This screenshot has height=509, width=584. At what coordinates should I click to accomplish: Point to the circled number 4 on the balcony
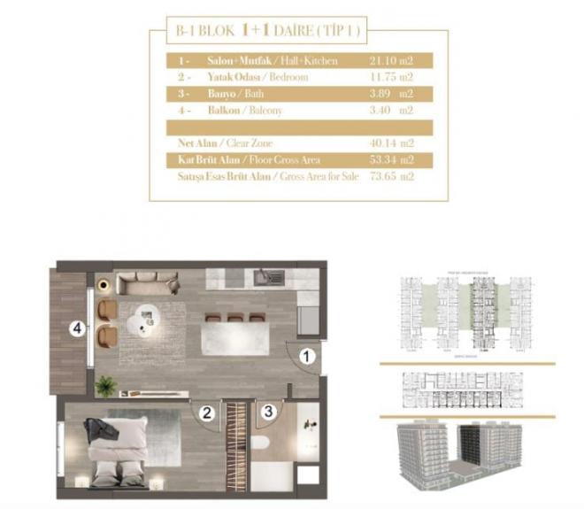tap(79, 328)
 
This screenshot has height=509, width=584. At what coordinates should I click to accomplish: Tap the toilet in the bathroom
tap(259, 443)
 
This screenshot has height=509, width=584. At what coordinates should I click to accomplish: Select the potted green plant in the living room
tap(106, 385)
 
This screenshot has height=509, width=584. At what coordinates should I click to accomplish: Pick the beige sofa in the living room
tap(148, 283)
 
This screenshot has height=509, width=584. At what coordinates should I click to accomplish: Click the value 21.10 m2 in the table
tap(391, 61)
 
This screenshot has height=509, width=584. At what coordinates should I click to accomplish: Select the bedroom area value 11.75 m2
tap(391, 78)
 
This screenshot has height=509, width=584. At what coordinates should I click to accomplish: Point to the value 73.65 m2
tap(391, 176)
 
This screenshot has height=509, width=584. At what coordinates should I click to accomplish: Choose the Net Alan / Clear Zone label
tap(225, 143)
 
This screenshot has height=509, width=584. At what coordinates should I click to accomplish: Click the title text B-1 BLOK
tap(199, 33)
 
